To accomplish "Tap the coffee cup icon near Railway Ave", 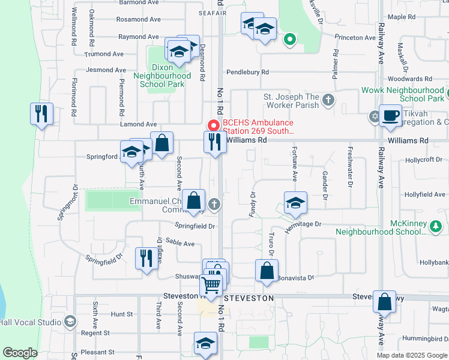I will pyautogui.click(x=390, y=115).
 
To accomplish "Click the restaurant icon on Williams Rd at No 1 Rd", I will pyautogui.click(x=215, y=142).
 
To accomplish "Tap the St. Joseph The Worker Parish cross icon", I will pyautogui.click(x=328, y=100).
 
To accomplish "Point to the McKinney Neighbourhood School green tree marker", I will pyautogui.click(x=436, y=226).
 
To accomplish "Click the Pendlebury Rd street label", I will pyautogui.click(x=247, y=72).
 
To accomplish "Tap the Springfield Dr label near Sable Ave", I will pyautogui.click(x=195, y=226).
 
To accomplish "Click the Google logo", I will pyautogui.click(x=20, y=353).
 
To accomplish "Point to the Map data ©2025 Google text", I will pyautogui.click(x=411, y=355).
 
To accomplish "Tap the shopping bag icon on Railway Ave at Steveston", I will pyautogui.click(x=384, y=301).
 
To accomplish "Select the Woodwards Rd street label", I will pyautogui.click(x=411, y=79).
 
